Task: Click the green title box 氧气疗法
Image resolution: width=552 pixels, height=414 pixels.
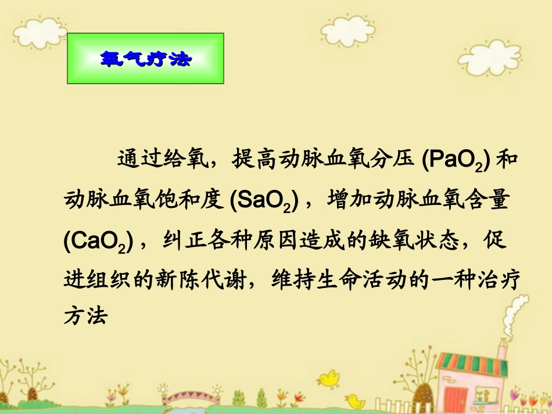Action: [x=145, y=59]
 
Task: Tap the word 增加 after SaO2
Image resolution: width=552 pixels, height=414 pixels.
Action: [x=349, y=200]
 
